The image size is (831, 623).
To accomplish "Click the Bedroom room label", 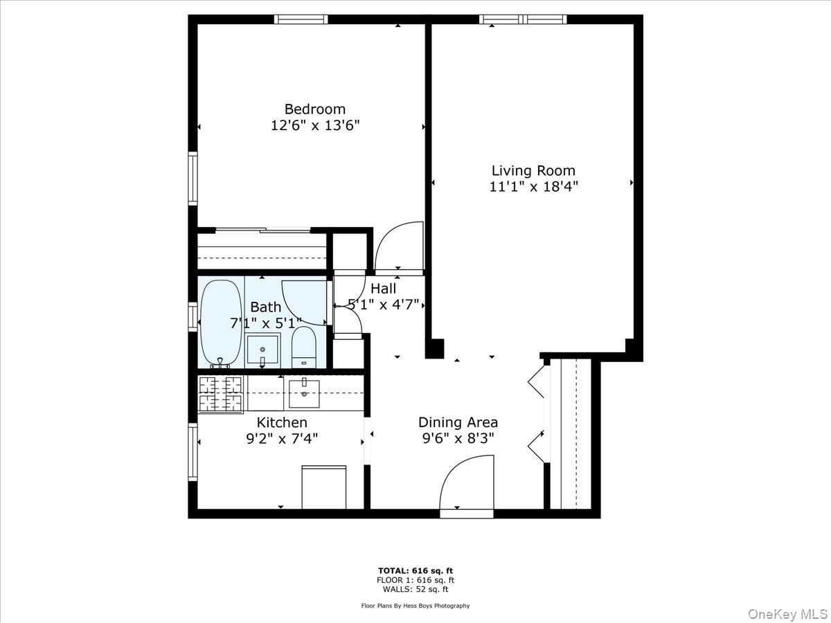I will click(x=315, y=109).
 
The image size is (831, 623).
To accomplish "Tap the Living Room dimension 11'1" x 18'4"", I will click(x=533, y=186).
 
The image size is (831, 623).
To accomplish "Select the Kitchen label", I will click(x=282, y=422).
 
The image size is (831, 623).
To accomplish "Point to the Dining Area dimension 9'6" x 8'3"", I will click(x=458, y=437).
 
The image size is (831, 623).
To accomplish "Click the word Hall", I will click(x=383, y=289).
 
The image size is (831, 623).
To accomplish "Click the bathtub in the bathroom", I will click(x=221, y=323).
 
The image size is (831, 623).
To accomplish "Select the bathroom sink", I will click(x=263, y=350).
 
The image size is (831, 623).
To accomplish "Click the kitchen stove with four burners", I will click(x=221, y=393).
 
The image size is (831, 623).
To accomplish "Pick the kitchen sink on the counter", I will click(x=303, y=393).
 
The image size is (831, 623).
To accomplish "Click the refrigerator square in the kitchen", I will click(x=324, y=487).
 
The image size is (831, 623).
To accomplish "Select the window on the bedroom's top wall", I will click(x=301, y=19).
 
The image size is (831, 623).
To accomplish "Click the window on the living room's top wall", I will click(x=523, y=19).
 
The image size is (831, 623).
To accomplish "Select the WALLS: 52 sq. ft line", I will click(x=415, y=589).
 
